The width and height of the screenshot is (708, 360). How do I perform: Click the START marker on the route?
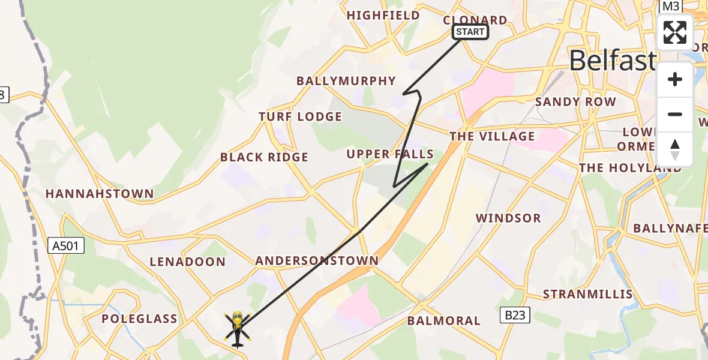tap(470, 32)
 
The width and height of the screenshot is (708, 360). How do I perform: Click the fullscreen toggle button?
tap(675, 32)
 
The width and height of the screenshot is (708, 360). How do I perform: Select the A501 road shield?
tap(66, 245)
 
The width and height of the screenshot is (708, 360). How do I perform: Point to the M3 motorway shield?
tap(671, 7)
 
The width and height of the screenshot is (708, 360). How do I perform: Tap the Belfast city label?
tap(612, 61)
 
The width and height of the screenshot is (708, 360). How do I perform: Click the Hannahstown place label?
tap(100, 194)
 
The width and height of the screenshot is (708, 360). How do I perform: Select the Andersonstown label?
tap(317, 260)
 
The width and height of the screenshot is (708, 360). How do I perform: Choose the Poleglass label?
tap(139, 319)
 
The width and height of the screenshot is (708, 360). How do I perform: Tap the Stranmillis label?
tap(587, 294)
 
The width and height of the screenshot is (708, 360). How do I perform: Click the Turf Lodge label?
tap(300, 116)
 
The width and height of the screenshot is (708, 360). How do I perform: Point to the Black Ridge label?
tap(264, 157)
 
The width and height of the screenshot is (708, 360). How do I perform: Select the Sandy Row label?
tap(575, 101)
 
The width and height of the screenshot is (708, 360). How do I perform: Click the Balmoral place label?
tap(444, 320)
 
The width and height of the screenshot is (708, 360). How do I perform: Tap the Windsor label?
tap(508, 218)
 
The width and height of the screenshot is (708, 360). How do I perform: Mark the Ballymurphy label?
tap(346, 80)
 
